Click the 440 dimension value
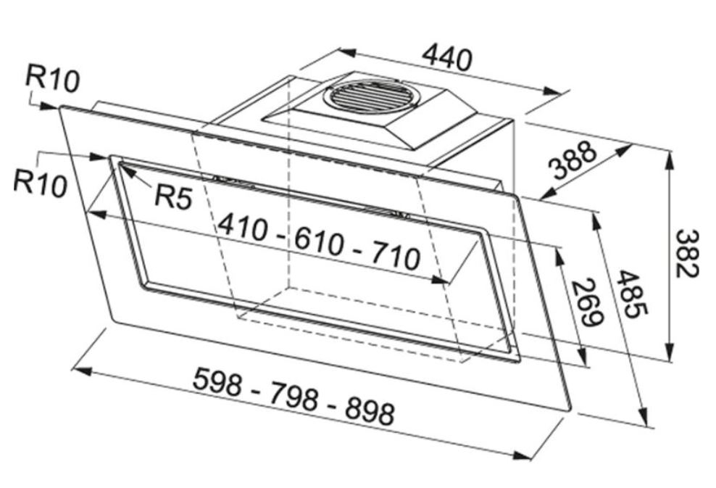[446, 58]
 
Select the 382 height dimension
[687, 254]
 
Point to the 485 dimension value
[631, 294]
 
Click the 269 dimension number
[587, 302]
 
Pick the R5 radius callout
[173, 197]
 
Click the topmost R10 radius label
[52, 78]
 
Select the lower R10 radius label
[40, 183]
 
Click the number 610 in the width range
[318, 241]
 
